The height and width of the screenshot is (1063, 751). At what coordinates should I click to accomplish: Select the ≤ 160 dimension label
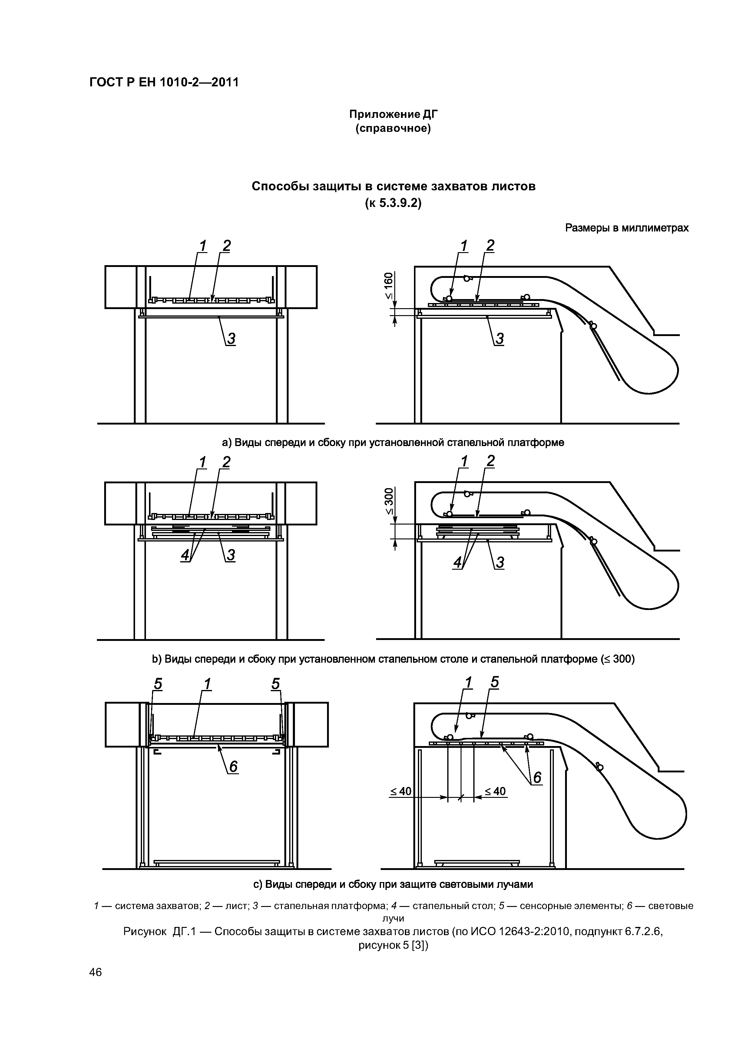click(388, 286)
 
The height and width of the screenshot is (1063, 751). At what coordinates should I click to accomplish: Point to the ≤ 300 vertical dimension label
click(388, 501)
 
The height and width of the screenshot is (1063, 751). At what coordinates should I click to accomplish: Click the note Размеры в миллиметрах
click(627, 228)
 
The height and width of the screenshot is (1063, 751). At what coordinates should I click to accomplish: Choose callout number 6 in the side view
click(537, 778)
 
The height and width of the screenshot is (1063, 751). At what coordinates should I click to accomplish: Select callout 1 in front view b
click(202, 462)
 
